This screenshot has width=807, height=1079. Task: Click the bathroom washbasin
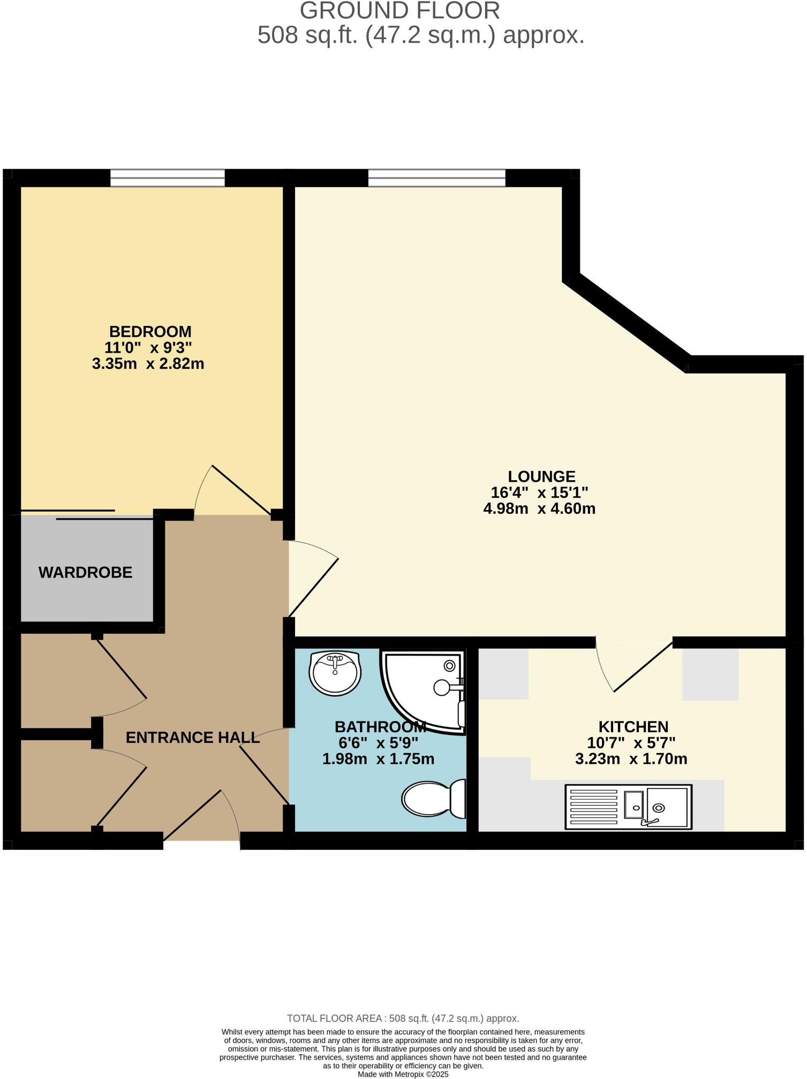click(x=335, y=673)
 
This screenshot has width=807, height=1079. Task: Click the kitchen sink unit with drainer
click(x=628, y=807)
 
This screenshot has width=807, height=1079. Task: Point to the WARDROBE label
click(x=86, y=573)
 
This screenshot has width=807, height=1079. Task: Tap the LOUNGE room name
click(x=541, y=476)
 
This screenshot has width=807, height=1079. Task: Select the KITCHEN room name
click(x=633, y=727)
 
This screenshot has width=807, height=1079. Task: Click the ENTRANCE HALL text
click(x=193, y=738)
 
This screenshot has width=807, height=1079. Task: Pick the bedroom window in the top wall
click(x=168, y=178)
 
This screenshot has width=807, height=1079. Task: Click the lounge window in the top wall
click(x=436, y=178)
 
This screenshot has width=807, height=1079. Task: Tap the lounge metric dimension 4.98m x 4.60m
click(x=539, y=508)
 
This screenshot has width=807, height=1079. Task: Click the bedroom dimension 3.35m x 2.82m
click(x=148, y=364)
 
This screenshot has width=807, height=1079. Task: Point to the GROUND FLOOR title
click(x=399, y=11)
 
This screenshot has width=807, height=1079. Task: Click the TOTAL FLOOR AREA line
click(x=403, y=1019)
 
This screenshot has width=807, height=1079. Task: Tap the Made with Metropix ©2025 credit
click(x=403, y=1074)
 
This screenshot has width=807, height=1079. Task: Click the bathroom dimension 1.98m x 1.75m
click(x=378, y=759)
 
